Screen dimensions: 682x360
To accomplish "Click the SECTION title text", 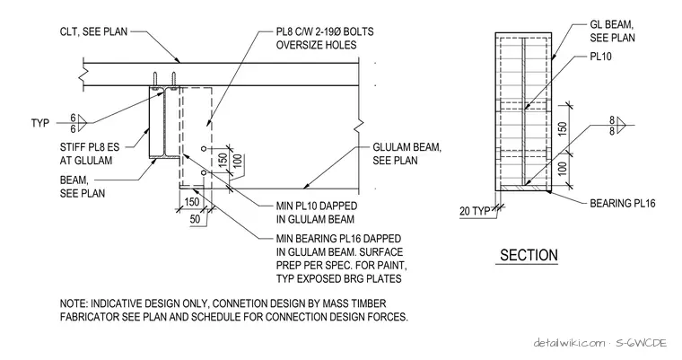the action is click(x=529, y=255).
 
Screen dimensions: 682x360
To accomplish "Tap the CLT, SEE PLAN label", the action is click(x=94, y=31).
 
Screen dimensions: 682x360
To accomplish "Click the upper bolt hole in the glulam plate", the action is click(x=204, y=149).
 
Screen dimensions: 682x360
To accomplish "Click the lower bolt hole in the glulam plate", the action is click(x=204, y=173).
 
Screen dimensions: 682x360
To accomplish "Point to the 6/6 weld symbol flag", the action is click(x=83, y=123).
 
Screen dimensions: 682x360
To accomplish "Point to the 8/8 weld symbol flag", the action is click(x=620, y=126).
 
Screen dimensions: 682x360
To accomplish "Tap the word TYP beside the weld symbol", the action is click(x=40, y=123).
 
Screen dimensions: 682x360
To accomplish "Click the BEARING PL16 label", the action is click(x=623, y=203).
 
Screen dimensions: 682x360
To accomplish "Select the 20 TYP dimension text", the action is click(x=475, y=211).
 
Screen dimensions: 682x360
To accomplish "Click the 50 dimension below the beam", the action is click(x=196, y=219).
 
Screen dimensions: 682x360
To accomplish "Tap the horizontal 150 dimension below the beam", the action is click(x=192, y=202).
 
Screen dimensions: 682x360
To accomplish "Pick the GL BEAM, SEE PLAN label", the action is click(x=612, y=31).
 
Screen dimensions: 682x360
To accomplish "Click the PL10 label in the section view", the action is click(x=600, y=57).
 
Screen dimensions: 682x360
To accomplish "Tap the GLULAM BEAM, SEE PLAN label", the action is click(x=407, y=154).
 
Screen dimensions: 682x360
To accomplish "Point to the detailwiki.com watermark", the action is click(x=569, y=343).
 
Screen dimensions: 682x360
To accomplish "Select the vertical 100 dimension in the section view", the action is click(x=563, y=169).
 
